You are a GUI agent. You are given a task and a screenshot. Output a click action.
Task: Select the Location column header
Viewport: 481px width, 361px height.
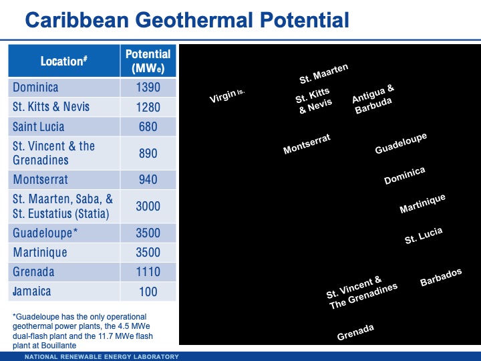pos(63,62)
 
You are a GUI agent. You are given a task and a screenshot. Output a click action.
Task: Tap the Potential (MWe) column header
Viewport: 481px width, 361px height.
pos(148,61)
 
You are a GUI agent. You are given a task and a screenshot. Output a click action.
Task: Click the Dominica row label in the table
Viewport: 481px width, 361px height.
pos(35,88)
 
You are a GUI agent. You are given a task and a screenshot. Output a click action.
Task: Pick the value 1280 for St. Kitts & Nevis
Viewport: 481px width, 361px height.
pos(148,107)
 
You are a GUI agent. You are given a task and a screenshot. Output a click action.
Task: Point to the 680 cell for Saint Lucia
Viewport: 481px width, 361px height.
pos(148,126)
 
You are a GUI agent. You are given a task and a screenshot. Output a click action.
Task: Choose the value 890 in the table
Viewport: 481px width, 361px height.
pos(148,153)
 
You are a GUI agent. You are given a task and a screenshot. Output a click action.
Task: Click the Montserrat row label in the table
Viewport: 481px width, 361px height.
pos(40,179)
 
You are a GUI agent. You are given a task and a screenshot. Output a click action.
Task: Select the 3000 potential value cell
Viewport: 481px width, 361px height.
pos(148,206)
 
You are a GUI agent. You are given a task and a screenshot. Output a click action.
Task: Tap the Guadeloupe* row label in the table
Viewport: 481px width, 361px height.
pos(46,233)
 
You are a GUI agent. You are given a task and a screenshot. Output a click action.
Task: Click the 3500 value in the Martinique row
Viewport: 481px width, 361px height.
pos(148,253)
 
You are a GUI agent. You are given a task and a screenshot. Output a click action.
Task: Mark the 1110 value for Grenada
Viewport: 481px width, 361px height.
pos(148,272)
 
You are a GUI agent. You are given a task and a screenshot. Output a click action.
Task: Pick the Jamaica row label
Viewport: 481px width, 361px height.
pos(32,291)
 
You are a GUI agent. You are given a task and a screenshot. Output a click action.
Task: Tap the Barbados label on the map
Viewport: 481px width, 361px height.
pos(441,277)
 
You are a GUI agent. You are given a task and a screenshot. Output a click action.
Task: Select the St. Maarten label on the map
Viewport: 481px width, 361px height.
pos(324,74)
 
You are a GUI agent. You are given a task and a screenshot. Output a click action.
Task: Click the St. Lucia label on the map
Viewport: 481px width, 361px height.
pos(424,236)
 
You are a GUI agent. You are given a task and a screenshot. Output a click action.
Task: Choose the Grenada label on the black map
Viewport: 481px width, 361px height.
pos(355,332)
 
